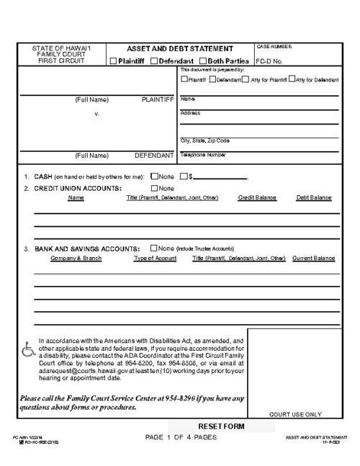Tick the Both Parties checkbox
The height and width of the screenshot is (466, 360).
click(x=203, y=61)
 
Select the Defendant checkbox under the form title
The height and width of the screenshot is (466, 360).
click(x=155, y=61)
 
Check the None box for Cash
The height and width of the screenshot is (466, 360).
click(x=154, y=176)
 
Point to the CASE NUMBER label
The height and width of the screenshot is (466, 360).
click(x=274, y=45)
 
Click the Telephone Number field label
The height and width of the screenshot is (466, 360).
click(x=203, y=154)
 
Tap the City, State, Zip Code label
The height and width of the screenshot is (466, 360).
click(x=205, y=140)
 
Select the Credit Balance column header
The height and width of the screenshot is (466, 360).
click(x=257, y=197)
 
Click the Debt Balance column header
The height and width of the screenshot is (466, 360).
click(x=313, y=197)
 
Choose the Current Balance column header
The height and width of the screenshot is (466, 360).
click(x=313, y=258)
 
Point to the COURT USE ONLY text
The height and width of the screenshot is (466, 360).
click(x=294, y=414)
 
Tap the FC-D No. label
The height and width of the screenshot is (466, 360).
click(x=269, y=61)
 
